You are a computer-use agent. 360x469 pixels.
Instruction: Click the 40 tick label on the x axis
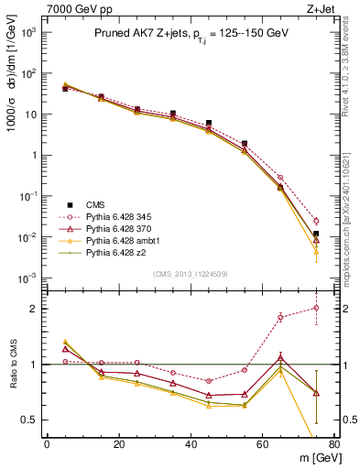191,444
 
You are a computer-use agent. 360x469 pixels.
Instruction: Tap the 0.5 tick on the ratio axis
29,420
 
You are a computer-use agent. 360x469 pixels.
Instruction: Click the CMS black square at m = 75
316,234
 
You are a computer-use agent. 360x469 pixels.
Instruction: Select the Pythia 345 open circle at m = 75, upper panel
316,221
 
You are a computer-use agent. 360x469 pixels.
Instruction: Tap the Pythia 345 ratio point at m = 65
280,317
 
